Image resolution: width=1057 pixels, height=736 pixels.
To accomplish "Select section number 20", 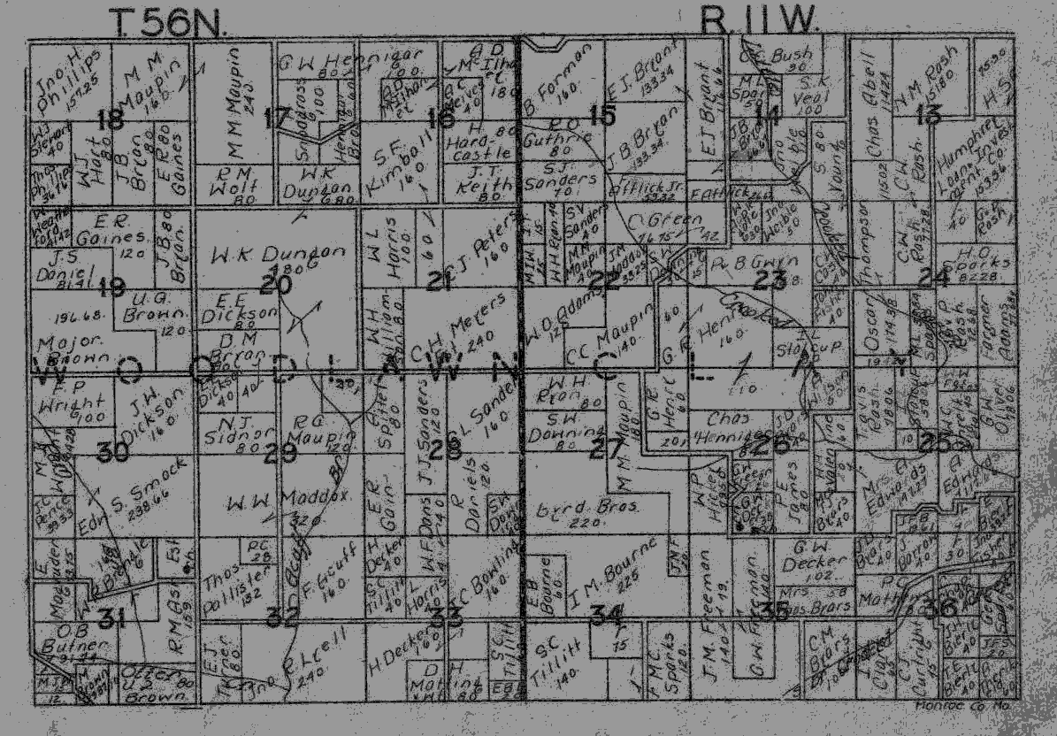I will tap(275, 284).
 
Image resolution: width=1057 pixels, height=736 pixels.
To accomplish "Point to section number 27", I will tap(607, 448).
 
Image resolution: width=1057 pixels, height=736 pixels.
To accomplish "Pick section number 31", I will tap(109, 619).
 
